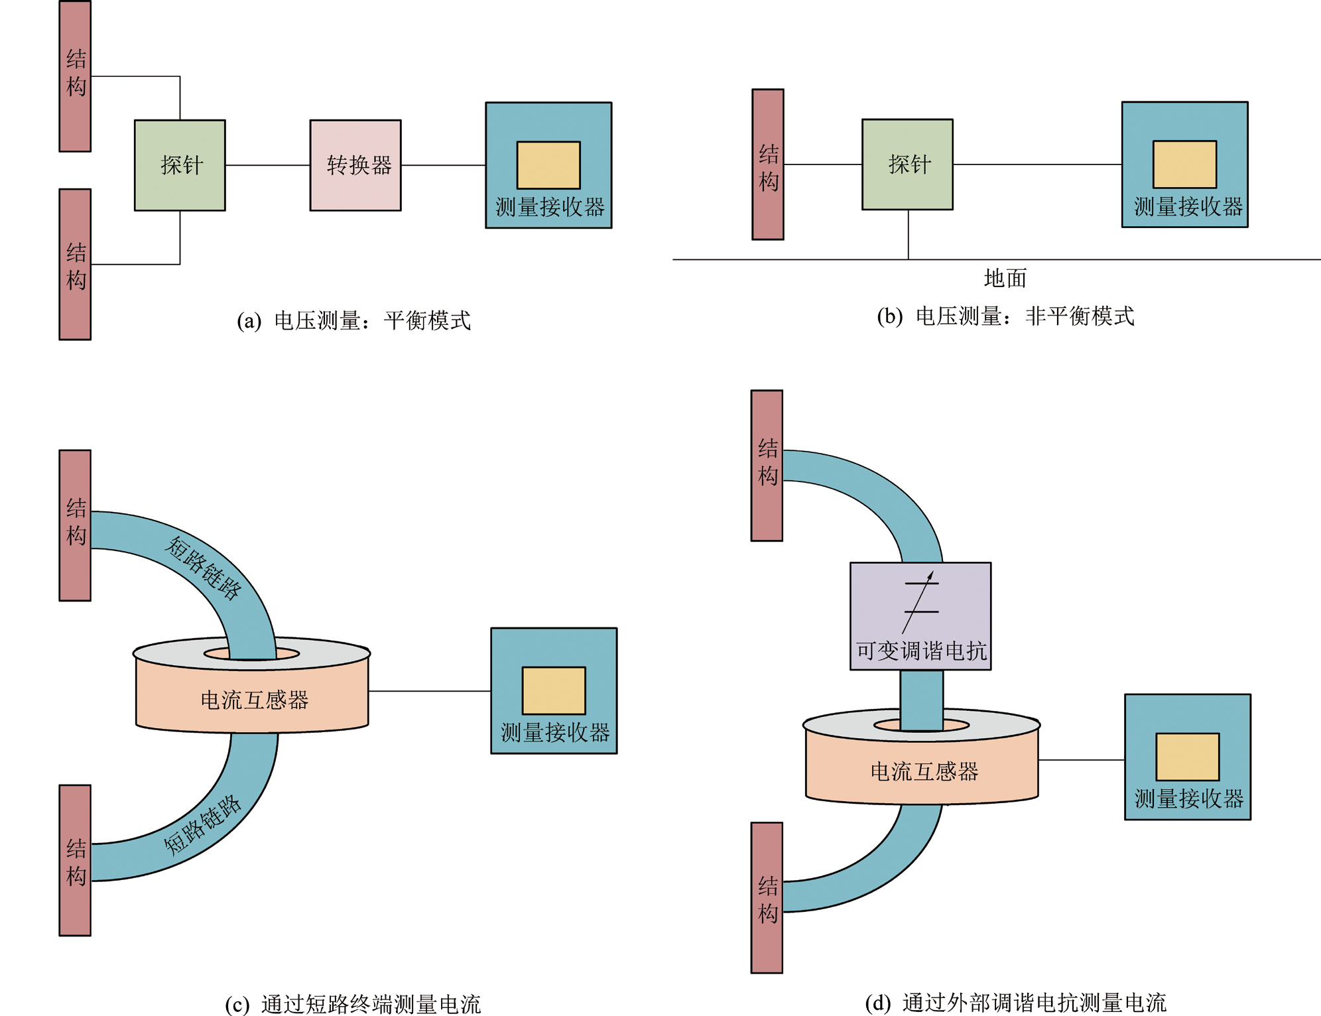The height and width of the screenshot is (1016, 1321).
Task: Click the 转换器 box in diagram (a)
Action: click(x=355, y=165)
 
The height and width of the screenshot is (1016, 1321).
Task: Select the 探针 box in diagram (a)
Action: click(x=180, y=165)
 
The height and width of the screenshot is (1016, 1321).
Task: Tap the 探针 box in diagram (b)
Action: click(x=907, y=164)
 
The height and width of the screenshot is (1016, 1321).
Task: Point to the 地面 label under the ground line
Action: click(x=1005, y=279)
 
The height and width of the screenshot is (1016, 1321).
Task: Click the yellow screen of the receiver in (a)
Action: click(x=548, y=165)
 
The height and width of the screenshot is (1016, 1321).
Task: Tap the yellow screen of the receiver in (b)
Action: click(x=1184, y=164)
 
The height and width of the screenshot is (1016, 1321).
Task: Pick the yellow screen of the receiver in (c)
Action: click(x=554, y=690)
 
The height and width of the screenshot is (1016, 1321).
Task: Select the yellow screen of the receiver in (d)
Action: click(x=1187, y=757)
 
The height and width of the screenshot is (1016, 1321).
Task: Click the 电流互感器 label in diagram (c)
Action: click(x=255, y=700)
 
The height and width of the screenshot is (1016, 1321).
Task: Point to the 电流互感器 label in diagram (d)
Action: click(x=924, y=772)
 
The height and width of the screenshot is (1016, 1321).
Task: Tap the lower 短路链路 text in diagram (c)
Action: click(x=202, y=825)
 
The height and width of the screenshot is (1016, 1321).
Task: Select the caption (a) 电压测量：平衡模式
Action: click(x=354, y=321)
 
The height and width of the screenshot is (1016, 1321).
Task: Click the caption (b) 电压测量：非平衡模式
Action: click(x=1005, y=316)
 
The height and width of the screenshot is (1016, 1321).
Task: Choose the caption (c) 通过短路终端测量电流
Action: click(x=353, y=1004)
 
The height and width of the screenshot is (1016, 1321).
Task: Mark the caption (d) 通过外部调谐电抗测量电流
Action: click(x=1015, y=1003)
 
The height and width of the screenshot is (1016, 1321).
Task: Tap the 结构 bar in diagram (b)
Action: click(x=768, y=164)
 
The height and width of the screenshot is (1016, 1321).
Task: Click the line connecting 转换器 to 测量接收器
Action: click(x=443, y=165)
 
